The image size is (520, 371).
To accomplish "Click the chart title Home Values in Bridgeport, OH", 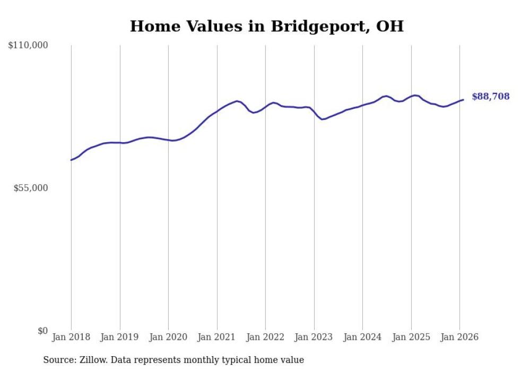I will pos(267,26).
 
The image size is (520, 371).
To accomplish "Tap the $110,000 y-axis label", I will pos(28,46).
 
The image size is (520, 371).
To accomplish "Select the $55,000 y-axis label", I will pos(31,188).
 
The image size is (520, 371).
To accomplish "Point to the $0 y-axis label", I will pos(42,331).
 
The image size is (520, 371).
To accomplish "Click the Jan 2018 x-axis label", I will pos(71,338).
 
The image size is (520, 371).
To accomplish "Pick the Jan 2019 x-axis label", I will pos(120,338).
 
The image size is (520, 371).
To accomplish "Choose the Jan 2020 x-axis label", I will pos(168,338).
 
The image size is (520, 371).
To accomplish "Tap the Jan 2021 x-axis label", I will pos(217,338).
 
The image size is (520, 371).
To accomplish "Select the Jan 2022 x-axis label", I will pos(265,338).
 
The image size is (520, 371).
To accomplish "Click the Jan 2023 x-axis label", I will pos(314,338).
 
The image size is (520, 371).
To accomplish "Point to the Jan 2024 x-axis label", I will pos(362,338).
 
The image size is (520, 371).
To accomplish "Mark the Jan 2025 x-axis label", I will pos(411,338).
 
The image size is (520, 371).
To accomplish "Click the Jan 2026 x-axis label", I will pos(460,338).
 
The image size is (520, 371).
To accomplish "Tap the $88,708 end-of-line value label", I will pos(490,97).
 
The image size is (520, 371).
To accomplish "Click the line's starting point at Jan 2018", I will pos(71,160).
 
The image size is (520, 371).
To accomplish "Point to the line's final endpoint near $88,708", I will pos(463,99).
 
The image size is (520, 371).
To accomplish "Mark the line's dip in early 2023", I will pos(322,119).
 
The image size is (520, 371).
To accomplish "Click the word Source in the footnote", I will pos(58,360).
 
